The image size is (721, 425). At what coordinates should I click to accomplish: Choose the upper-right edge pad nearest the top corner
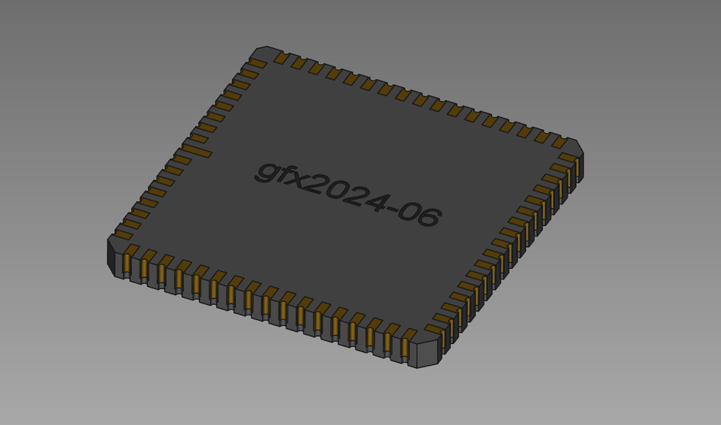point(282,58)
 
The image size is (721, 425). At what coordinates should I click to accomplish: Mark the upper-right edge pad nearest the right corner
point(560,142)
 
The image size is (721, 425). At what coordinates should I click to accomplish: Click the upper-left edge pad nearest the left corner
point(123,234)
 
